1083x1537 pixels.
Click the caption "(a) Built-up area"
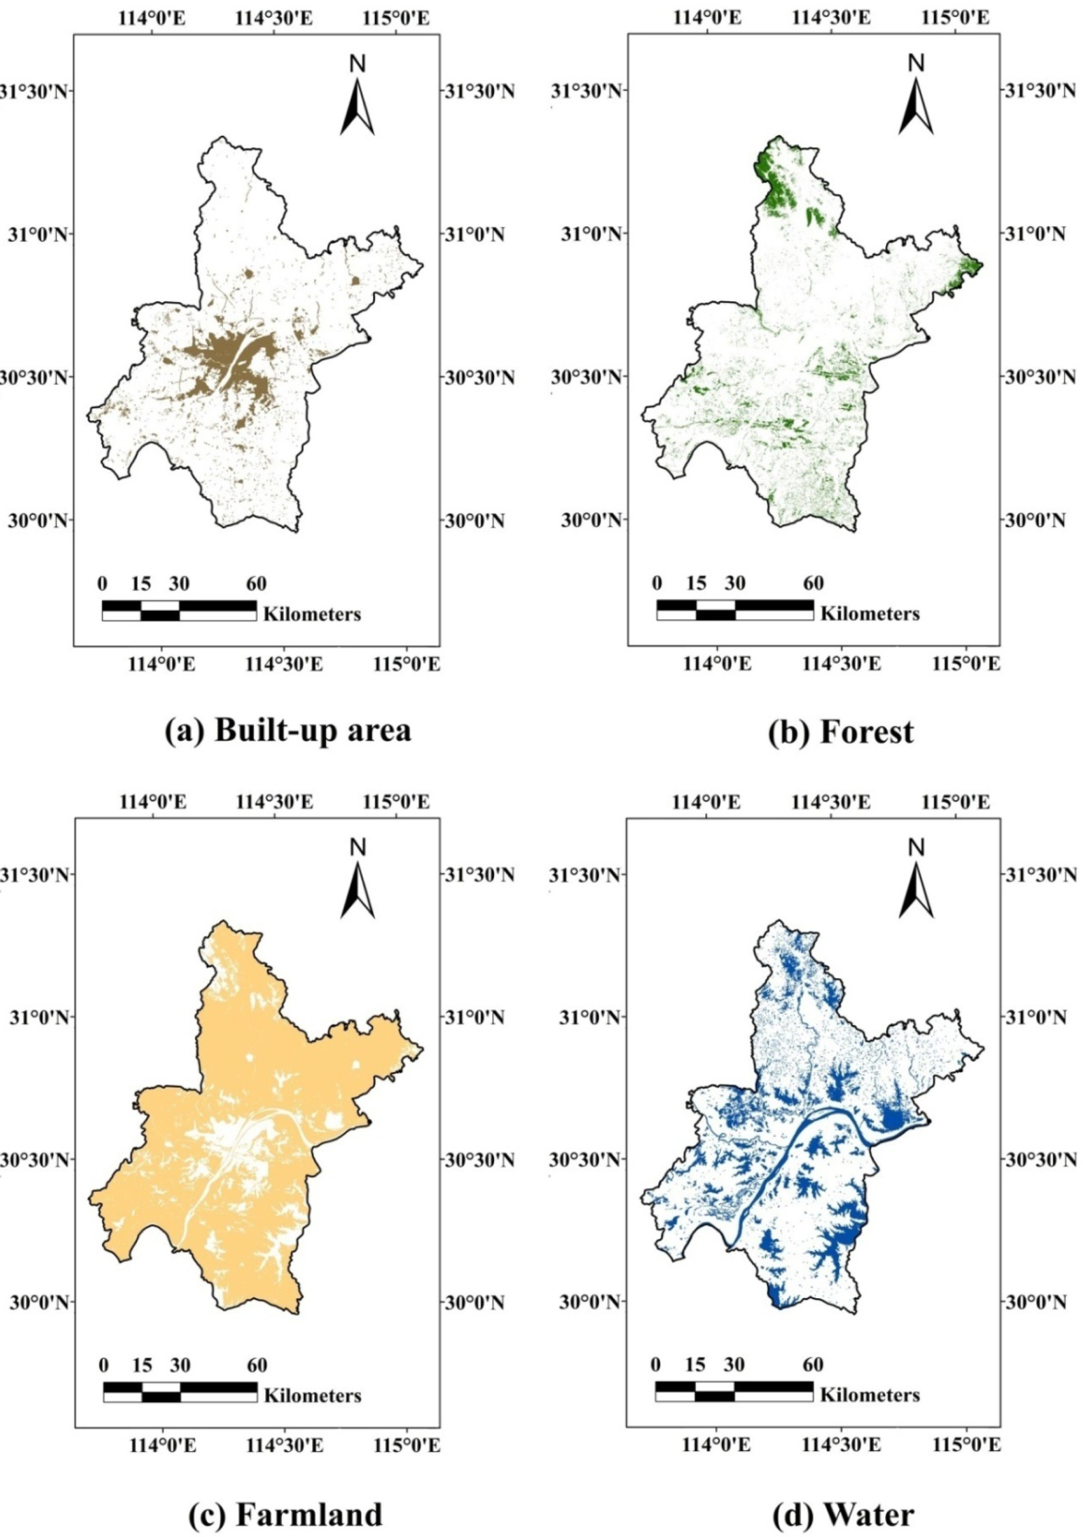[x=288, y=730]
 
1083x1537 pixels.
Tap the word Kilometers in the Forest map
[x=870, y=613]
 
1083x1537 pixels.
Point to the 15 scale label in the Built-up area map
[x=141, y=584]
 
